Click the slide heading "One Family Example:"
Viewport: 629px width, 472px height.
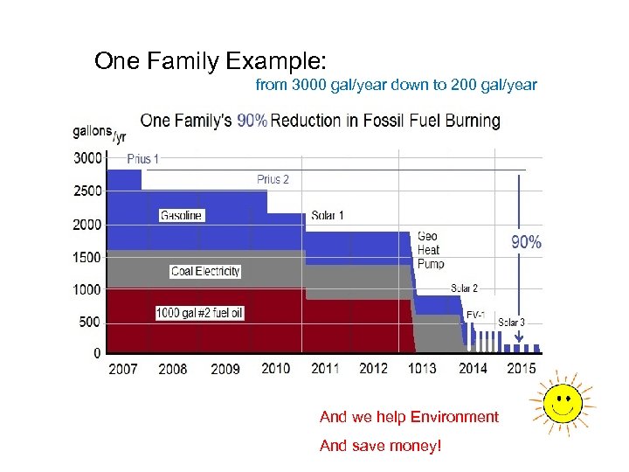(x=210, y=61)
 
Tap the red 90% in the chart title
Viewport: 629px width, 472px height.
(x=252, y=121)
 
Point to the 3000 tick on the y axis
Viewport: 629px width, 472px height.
(x=86, y=158)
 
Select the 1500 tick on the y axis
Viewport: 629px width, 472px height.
(x=86, y=257)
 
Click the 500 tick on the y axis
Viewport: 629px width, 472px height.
(x=90, y=322)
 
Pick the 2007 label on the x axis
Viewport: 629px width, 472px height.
(x=122, y=369)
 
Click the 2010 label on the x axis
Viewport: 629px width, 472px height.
(x=275, y=369)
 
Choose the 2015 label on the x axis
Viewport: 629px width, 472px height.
(x=522, y=369)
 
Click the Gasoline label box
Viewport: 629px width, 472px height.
(x=182, y=215)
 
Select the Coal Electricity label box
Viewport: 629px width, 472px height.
(x=205, y=271)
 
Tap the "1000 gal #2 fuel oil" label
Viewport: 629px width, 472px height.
(x=200, y=312)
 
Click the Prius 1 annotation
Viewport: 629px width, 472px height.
(x=143, y=159)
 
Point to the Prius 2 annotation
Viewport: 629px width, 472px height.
(x=273, y=179)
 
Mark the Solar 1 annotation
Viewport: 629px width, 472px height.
(x=328, y=215)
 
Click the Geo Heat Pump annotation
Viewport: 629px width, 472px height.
(x=430, y=250)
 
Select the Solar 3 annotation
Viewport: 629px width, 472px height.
(x=511, y=323)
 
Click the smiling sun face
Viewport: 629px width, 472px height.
(x=563, y=403)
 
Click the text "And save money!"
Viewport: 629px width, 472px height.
(x=381, y=446)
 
